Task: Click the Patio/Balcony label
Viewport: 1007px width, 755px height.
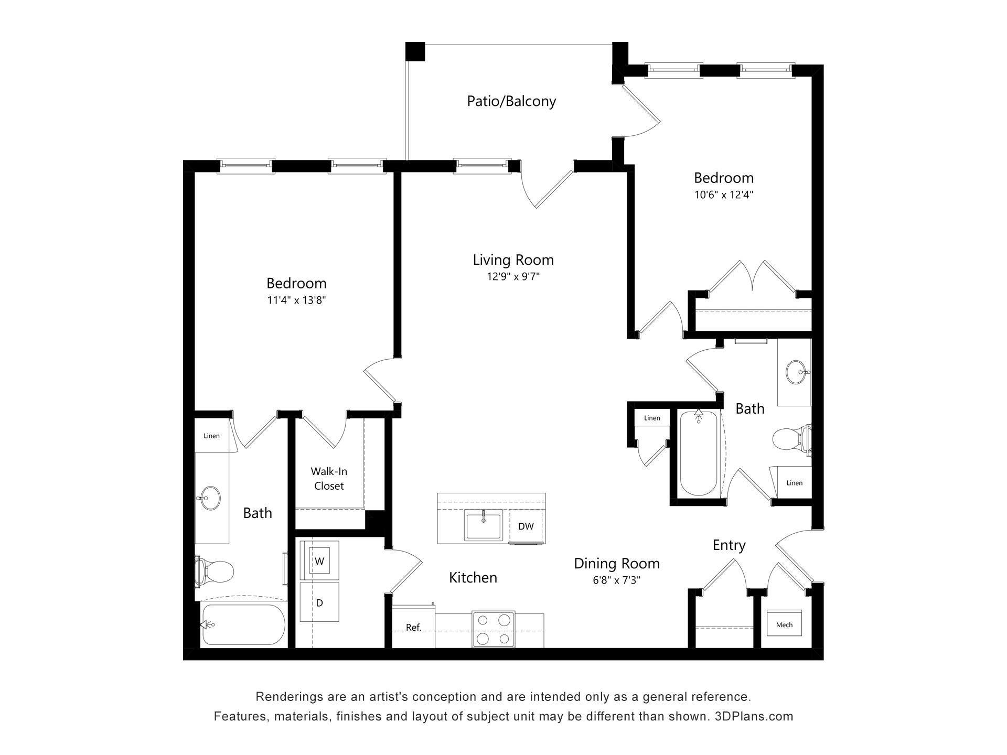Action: click(511, 101)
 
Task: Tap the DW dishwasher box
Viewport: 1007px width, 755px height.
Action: click(526, 526)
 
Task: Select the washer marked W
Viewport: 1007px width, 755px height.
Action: click(319, 561)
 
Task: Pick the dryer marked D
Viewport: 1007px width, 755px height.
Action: click(319, 603)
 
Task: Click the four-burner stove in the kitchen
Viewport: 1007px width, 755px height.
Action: click(493, 629)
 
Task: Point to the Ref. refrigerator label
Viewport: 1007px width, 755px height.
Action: click(413, 628)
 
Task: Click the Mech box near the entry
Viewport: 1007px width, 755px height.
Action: click(784, 624)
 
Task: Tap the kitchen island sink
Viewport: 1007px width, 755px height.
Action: click(483, 525)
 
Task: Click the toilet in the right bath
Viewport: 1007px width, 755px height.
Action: click(789, 438)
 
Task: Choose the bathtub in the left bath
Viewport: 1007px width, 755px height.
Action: click(244, 624)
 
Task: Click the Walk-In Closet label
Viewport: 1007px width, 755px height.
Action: click(329, 479)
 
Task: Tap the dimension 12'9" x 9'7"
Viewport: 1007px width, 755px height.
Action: click(513, 276)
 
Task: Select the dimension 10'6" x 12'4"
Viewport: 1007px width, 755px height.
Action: click(724, 195)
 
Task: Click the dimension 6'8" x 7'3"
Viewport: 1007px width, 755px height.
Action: click(616, 580)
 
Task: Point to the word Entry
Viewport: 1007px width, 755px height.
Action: click(729, 545)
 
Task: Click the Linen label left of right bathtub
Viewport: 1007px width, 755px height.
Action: click(652, 418)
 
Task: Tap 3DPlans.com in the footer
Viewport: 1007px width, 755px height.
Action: click(754, 716)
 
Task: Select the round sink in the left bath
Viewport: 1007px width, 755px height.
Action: click(211, 498)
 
